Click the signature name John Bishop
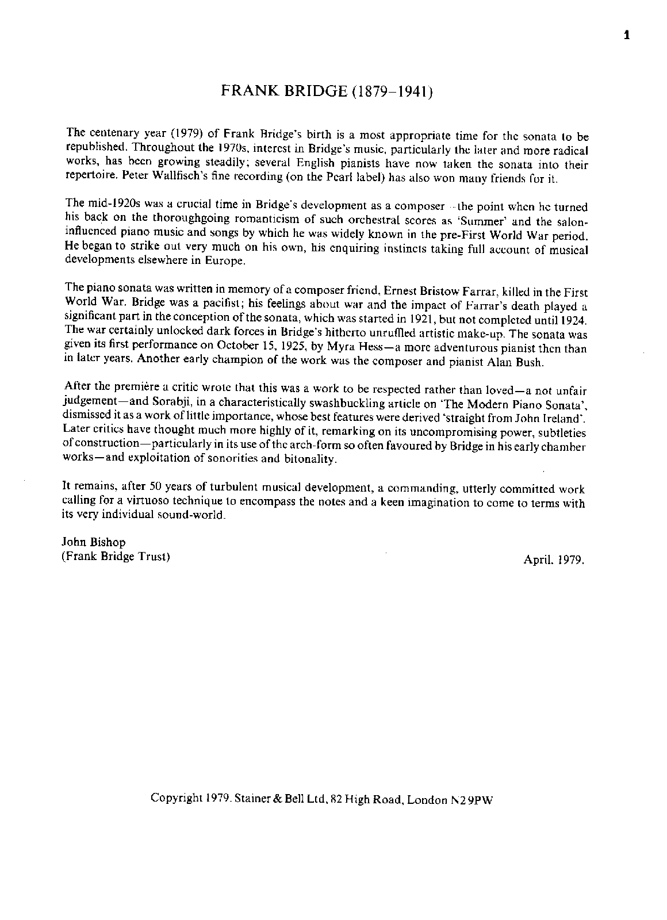pyautogui.click(x=93, y=542)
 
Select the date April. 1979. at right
pyautogui.click(x=554, y=559)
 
